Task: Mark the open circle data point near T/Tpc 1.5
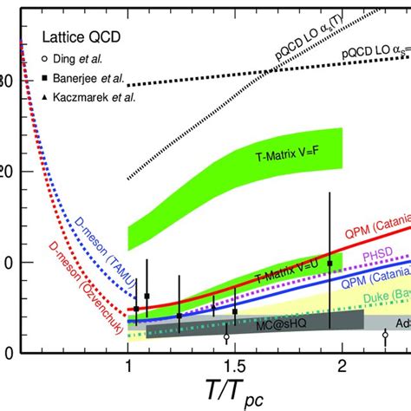pyautogui.click(x=226, y=337)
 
